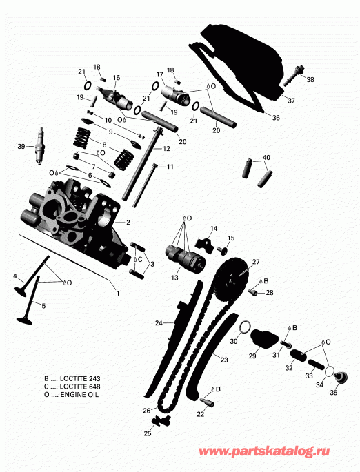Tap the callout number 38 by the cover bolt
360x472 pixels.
(310, 80)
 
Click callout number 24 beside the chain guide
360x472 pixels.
(158, 322)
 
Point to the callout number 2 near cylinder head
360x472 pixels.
(128, 223)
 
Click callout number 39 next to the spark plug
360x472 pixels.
(21, 146)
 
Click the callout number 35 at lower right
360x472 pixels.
(334, 393)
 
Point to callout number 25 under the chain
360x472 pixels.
(147, 433)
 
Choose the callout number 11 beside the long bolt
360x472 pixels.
(170, 167)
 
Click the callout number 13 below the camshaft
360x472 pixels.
(174, 277)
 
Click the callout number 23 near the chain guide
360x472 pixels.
(224, 358)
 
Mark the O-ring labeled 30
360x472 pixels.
(243, 327)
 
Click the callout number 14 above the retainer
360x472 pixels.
(213, 228)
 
